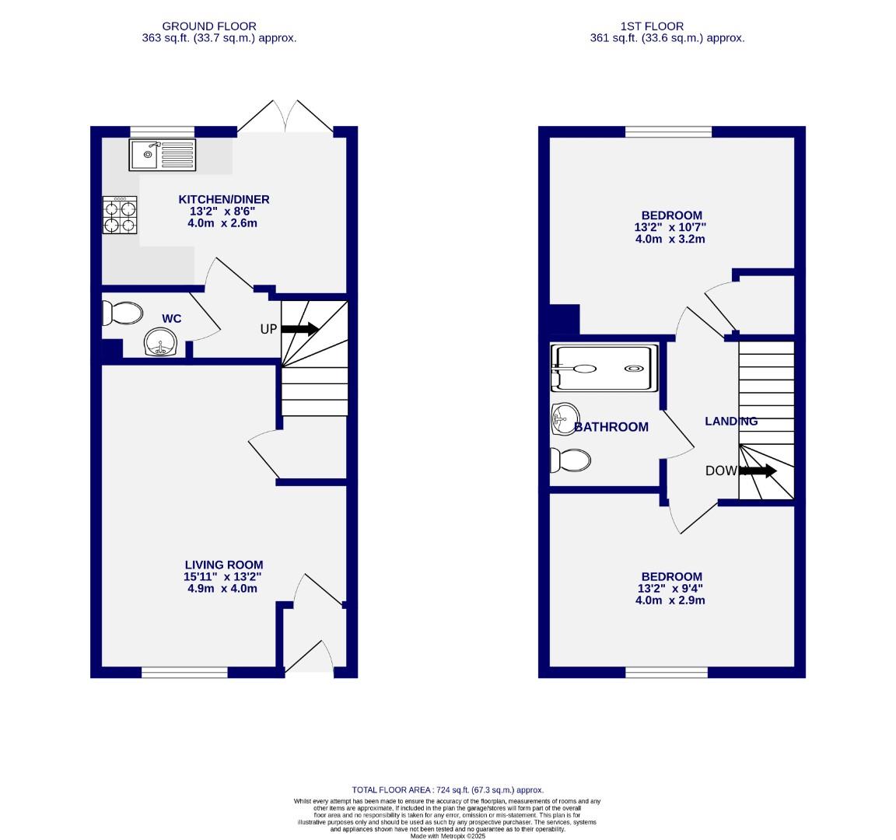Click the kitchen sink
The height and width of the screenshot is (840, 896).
point(163,155)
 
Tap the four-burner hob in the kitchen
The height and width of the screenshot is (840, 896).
point(119,215)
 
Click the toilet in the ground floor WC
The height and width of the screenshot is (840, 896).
point(122,313)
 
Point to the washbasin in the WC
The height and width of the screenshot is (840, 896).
point(161,342)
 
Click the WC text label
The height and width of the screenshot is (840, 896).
point(171,318)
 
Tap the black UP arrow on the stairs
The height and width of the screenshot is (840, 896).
point(299,329)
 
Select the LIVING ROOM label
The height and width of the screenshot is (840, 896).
point(223,565)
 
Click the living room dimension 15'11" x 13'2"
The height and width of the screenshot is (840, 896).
point(223,577)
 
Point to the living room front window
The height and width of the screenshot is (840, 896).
point(184,672)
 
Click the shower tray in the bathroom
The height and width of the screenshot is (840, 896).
point(600,368)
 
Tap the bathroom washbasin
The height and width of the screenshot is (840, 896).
point(563,419)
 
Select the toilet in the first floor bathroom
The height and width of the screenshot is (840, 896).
point(569,460)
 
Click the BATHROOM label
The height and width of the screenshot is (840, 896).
point(611,427)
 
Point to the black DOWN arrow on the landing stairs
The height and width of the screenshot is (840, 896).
point(757,471)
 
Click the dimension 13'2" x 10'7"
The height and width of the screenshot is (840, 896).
point(670,227)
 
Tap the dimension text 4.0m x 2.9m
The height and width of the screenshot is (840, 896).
point(670,600)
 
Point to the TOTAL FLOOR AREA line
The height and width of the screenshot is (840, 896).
point(447,789)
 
